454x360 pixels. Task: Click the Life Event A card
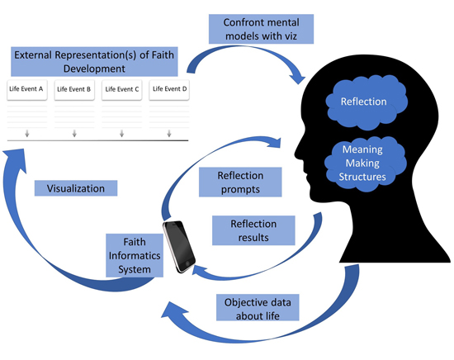(x=27, y=90)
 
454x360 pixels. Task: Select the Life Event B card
(x=74, y=90)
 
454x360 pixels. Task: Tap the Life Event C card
(x=122, y=90)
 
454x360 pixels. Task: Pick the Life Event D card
(x=169, y=90)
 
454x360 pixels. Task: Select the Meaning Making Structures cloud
(x=365, y=163)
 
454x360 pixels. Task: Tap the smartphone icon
(x=179, y=247)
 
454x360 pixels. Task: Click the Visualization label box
(x=76, y=188)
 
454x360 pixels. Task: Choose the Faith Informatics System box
(x=135, y=255)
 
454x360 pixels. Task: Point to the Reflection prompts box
(x=240, y=182)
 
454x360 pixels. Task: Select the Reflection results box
(x=253, y=230)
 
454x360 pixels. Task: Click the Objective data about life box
(x=258, y=309)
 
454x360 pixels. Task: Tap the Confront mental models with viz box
(x=261, y=29)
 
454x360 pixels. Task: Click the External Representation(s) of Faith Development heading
(x=94, y=62)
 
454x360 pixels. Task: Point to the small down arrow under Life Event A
(x=27, y=133)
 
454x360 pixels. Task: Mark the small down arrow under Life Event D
(x=169, y=133)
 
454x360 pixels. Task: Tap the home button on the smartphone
(x=187, y=263)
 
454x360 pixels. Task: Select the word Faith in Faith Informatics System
(x=135, y=242)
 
